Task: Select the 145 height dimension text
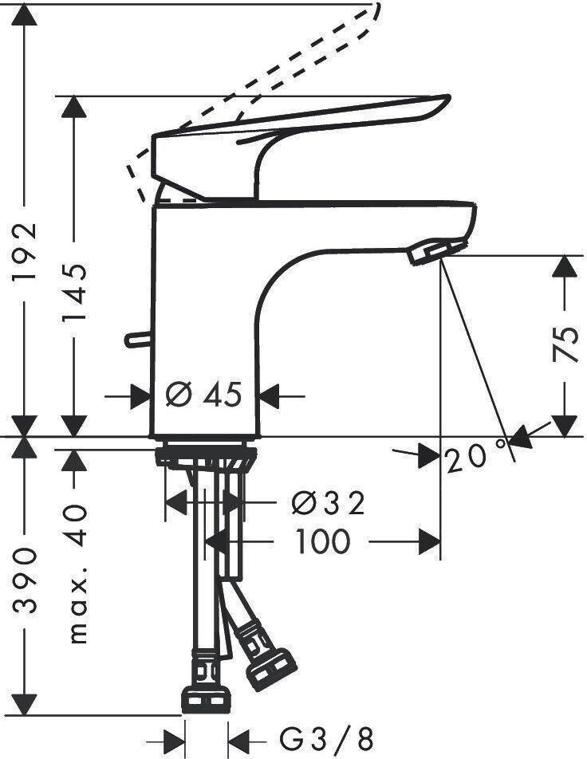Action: pos(74,293)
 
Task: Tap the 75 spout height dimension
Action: pos(565,344)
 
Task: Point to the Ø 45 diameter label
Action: pos(203,395)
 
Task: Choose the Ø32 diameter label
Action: pos(329,503)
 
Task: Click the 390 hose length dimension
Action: pos(24,580)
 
